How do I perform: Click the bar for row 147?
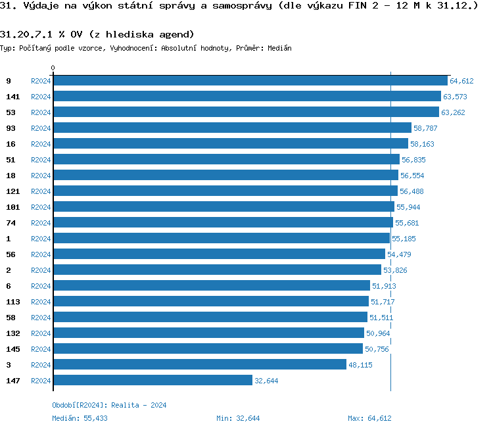(x=153, y=380)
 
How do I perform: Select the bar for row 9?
(x=250, y=81)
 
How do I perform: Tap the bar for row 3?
(x=200, y=364)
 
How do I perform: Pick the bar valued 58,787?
(x=232, y=128)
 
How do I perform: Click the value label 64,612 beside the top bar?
(x=461, y=81)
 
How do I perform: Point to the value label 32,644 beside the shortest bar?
(x=266, y=381)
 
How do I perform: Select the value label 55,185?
(x=404, y=239)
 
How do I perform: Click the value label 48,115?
(x=360, y=365)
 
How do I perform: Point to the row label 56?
(x=11, y=254)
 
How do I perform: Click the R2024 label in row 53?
(x=41, y=112)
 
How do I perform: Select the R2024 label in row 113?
(x=41, y=302)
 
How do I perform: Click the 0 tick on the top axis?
(x=53, y=68)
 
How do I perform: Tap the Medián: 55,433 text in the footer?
(x=80, y=418)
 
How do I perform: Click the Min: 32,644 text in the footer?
(x=238, y=418)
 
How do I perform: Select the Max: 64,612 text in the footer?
(x=369, y=418)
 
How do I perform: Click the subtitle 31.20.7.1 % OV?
(x=97, y=34)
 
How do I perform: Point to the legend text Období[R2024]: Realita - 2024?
(x=109, y=405)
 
